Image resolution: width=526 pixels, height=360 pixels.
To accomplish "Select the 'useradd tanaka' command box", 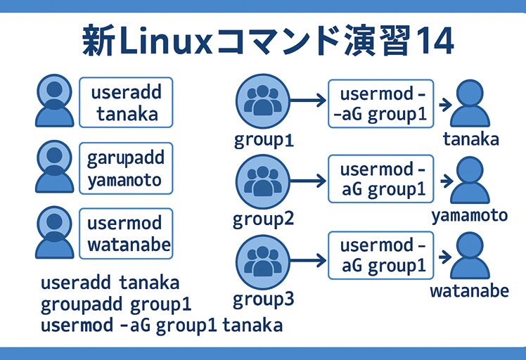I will click(127, 102).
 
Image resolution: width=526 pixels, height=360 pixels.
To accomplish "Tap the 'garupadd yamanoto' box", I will click(125, 169).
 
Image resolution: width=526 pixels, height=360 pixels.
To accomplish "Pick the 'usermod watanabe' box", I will click(125, 234).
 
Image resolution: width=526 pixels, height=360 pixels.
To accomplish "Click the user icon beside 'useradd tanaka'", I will click(53, 102).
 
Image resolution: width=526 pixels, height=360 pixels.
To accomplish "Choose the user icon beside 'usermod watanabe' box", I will click(53, 232).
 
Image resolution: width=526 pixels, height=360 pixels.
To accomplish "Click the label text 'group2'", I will click(263, 219).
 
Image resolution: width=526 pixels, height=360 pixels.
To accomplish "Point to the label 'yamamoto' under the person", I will click(469, 215).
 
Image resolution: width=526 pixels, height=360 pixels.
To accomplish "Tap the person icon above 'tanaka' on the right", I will click(470, 105).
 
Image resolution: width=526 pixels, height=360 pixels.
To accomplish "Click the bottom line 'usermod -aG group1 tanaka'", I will click(162, 326).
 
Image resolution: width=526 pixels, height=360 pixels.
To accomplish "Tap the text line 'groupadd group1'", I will click(116, 305).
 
